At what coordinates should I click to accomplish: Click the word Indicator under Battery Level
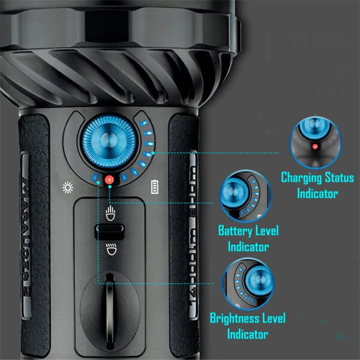pyautogui.click(x=248, y=247)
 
